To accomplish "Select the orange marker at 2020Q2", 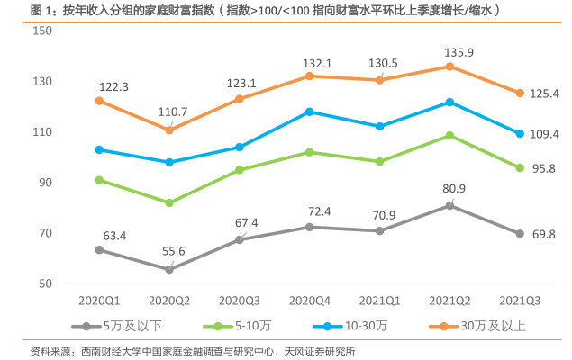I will coord(169,130).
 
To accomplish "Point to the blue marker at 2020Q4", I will coord(309,112).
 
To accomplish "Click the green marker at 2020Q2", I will coord(169,202).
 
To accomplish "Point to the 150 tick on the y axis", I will coord(41,31).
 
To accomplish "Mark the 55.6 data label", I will coord(168,251).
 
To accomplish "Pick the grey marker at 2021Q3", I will coord(520,233).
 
